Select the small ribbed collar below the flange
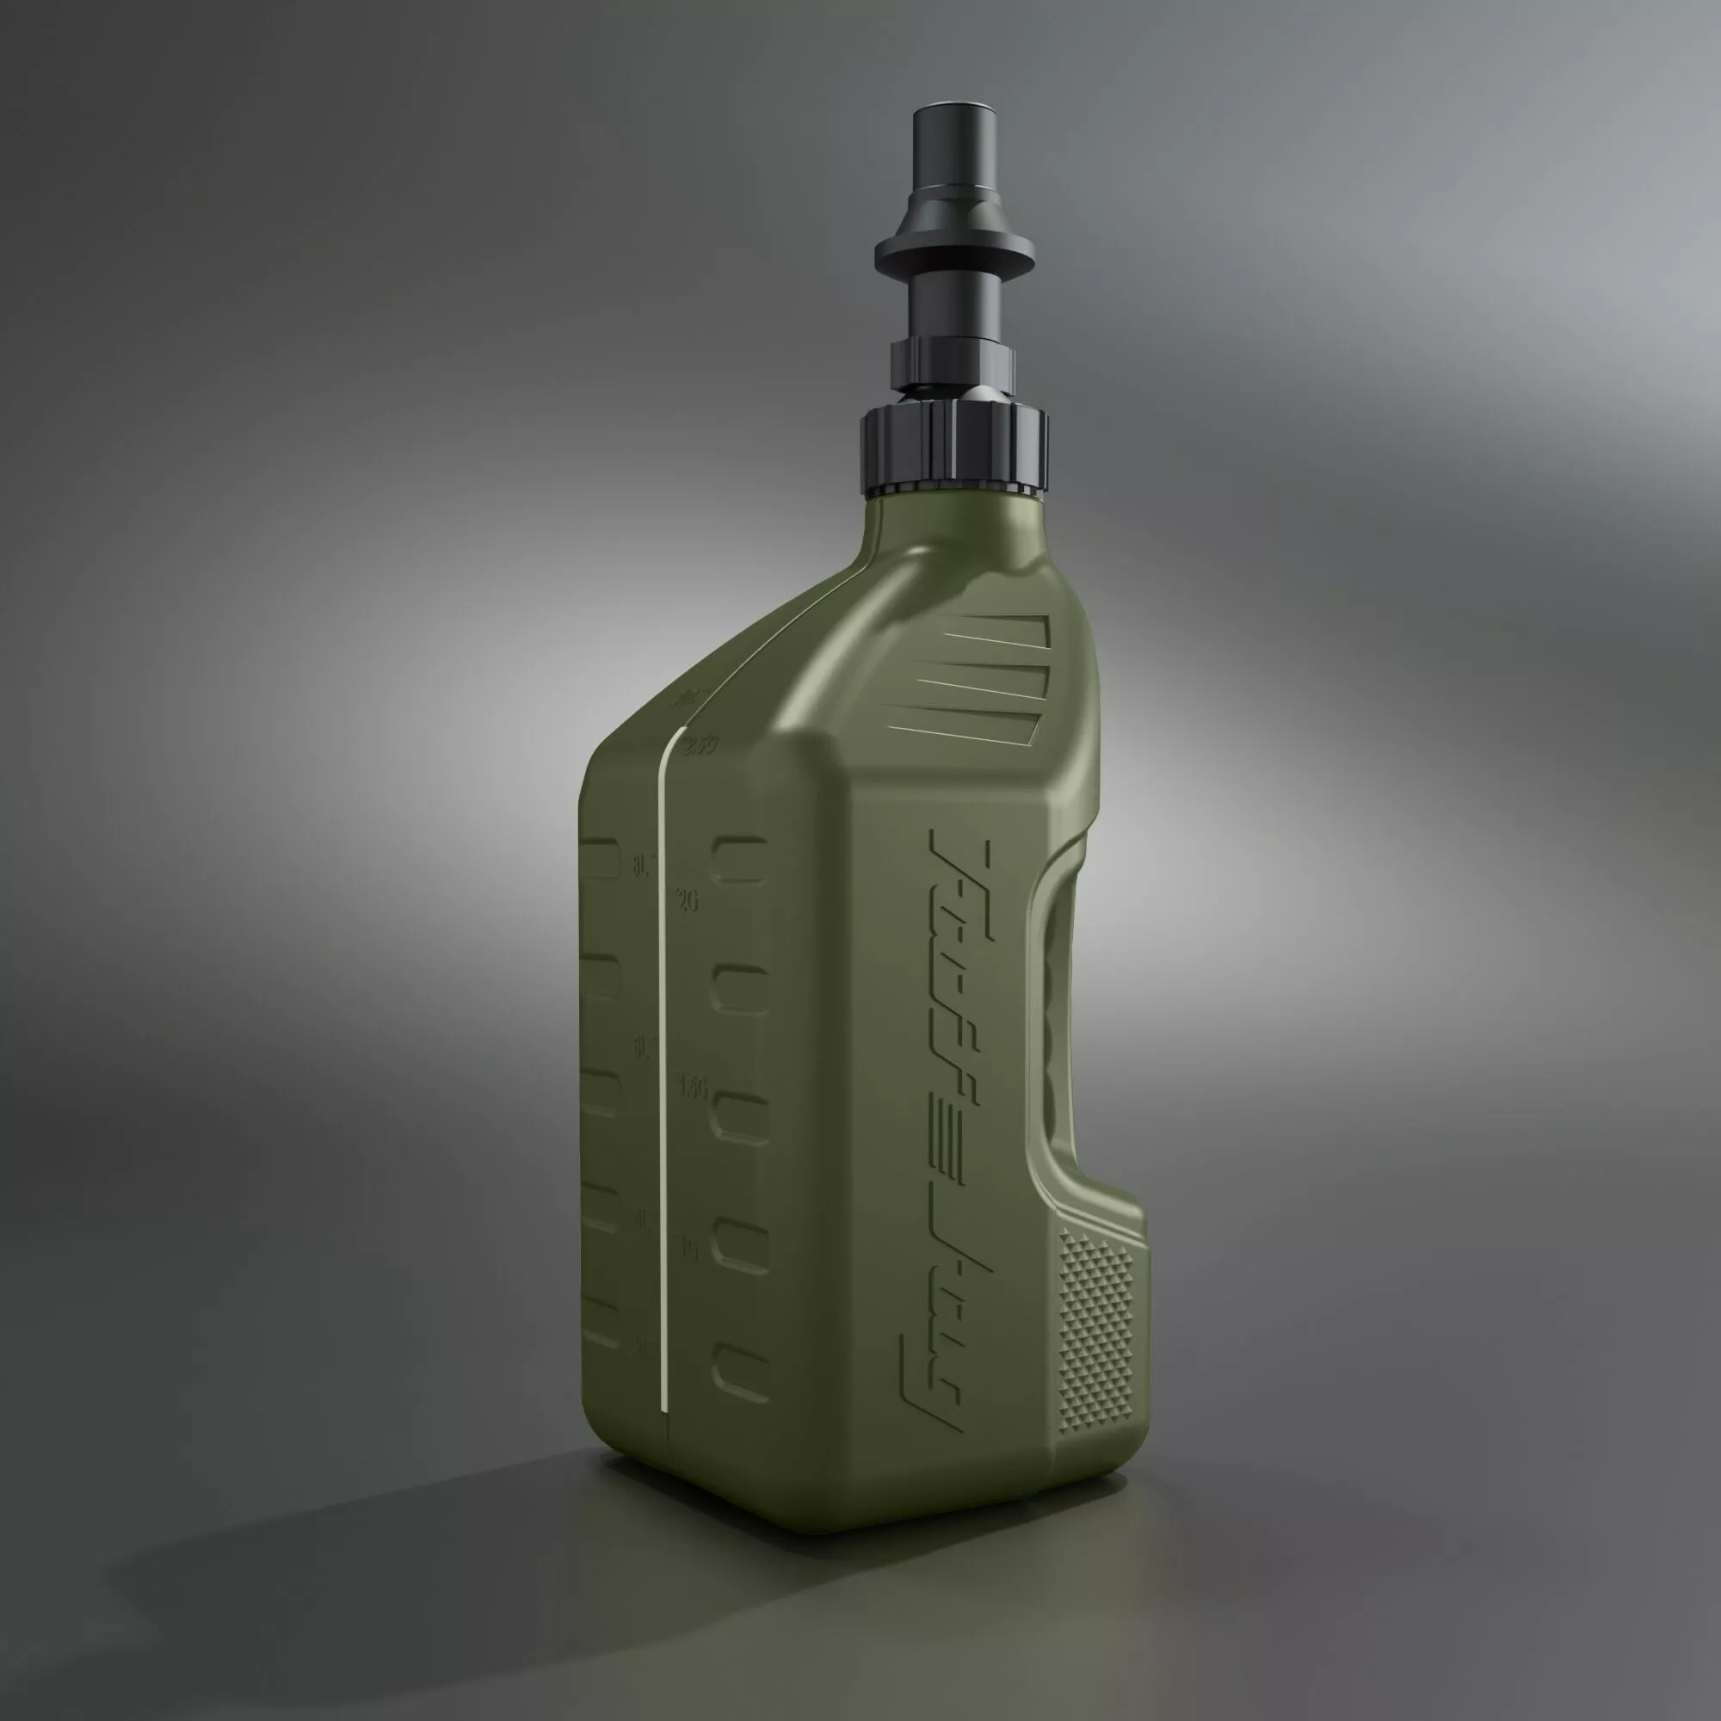pos(953,356)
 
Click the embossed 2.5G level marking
pos(700,743)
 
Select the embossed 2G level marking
pos(687,901)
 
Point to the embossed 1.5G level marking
pos(692,1087)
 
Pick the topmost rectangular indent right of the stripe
pos(739,859)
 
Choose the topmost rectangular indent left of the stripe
pos(599,859)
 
